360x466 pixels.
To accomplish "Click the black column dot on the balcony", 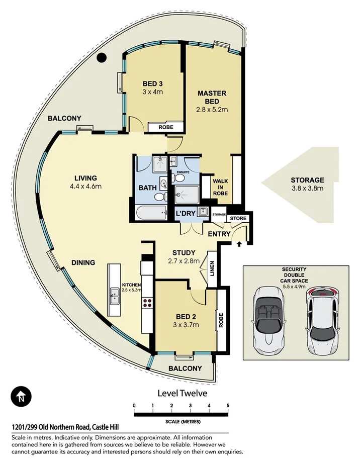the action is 102,57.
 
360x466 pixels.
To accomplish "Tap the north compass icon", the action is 21,397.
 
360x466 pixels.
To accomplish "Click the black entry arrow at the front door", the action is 239,244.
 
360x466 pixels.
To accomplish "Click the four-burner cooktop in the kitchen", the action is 147,303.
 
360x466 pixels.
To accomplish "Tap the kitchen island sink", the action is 115,296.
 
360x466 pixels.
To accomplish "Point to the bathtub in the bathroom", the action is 151,213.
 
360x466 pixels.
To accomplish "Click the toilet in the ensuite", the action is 178,178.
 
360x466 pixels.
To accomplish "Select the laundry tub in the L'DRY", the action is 203,212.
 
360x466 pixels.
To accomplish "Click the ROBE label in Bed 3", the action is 166,127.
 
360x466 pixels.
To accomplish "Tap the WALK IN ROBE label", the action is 220,187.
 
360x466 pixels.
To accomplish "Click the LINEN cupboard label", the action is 212,268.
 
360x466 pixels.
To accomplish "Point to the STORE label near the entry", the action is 238,219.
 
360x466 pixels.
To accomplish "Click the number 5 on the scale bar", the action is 228,405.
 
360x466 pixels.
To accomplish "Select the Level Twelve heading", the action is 182,393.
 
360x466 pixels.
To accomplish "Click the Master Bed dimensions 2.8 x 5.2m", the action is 212,110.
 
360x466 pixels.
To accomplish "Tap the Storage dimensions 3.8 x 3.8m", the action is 307,188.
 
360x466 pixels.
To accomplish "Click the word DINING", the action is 83,262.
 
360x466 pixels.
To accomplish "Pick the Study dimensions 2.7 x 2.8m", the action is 184,261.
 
